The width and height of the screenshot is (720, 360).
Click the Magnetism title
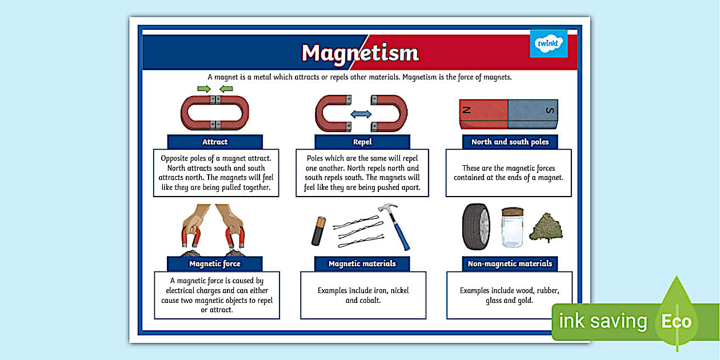pos(360,53)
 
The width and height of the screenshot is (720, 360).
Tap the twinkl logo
pos(549,43)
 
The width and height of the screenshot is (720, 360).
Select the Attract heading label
pos(215,142)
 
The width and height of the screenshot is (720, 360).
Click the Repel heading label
pos(362,142)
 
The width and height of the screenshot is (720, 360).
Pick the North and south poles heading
pos(510,142)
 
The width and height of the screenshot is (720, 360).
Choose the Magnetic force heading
pos(215,263)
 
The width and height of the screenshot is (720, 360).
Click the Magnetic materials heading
pos(362,263)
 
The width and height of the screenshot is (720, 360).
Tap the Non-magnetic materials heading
pos(510,263)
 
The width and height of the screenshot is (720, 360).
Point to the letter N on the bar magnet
pos(467,110)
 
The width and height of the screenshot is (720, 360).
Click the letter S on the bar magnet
pos(550,110)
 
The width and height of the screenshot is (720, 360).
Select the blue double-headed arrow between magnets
pos(361,114)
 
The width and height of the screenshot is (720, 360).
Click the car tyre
pos(476,227)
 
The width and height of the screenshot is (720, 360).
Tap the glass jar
pos(512,227)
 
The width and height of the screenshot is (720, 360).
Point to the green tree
pos(546,227)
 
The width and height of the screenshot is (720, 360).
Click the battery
pos(318,231)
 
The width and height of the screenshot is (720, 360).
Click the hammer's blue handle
pos(401,234)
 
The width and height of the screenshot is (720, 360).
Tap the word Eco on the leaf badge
pos(677,321)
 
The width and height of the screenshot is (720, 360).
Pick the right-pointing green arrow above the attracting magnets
pos(204,89)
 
